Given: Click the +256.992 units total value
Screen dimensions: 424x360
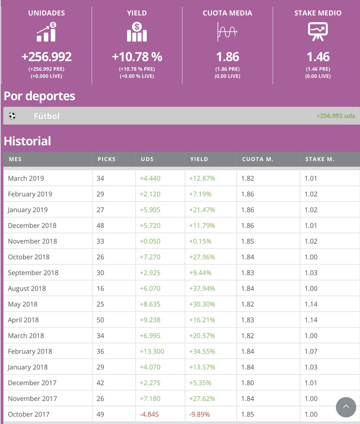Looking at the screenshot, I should point(46,57).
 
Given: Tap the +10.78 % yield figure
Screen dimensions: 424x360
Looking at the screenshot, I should point(137,57).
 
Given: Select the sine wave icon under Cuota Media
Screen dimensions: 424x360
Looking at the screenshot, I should point(227,32).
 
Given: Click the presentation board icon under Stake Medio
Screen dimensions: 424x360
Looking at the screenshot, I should point(318,32).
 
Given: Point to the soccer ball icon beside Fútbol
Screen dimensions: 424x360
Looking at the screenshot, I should point(12,116).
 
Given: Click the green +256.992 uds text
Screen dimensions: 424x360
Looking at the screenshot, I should point(336,116).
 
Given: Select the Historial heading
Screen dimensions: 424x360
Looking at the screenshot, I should point(28,141).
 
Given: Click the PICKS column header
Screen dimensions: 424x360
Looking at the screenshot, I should point(107,159).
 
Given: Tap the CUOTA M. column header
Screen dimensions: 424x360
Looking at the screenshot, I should point(258,159).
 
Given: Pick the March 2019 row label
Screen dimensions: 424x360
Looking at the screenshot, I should point(26,178).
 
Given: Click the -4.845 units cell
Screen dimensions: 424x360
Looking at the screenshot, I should point(150,414).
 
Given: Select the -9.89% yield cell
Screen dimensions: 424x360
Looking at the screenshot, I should point(200,414).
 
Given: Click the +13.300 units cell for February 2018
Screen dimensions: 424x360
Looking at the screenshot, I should point(152,351).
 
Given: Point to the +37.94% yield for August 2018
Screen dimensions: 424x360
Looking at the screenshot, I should point(202,288).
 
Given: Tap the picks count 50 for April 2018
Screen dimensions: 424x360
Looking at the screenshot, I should point(101,320).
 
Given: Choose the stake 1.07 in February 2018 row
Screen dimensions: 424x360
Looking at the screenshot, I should point(311,351).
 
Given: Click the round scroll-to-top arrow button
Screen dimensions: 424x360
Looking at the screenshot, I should point(346,407).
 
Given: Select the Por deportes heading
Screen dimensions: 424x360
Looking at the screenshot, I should point(40,96).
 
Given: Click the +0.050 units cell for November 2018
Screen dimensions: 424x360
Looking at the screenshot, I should point(150,241).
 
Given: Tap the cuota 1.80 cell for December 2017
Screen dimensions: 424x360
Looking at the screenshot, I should point(247,383).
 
